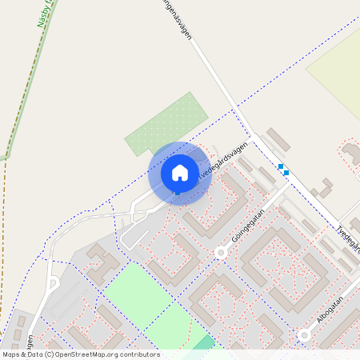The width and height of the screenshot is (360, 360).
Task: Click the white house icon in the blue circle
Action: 180,172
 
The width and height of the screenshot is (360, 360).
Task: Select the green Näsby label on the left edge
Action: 43,14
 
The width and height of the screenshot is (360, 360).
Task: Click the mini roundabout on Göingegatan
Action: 221,253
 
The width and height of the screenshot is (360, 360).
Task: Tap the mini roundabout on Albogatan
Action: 304,335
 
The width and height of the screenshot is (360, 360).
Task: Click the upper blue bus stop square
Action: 281,166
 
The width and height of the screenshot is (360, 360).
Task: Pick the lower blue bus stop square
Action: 286,172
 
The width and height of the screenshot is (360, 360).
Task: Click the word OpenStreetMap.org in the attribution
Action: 87,354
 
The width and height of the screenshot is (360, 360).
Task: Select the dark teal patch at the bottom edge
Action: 206,342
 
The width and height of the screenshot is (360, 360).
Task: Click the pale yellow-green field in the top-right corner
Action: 336,68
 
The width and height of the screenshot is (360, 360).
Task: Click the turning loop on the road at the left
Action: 54,283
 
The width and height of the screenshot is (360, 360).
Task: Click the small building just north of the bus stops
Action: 278,139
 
